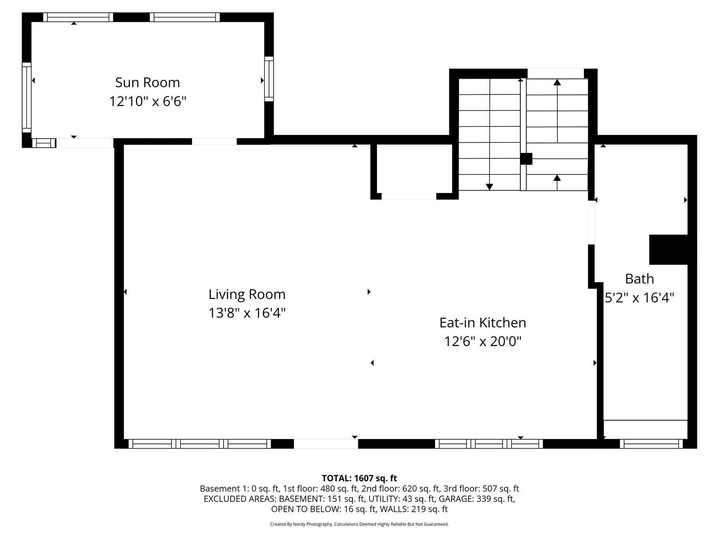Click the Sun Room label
147,83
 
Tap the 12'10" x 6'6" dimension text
147,101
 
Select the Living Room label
247,294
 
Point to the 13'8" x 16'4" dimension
247,313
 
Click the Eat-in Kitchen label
483,323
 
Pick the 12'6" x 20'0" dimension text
483,341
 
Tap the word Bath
639,279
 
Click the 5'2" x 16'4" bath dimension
639,297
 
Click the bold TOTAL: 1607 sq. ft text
359,478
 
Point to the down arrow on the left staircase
490,134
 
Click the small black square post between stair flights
526,159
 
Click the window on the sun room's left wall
26,98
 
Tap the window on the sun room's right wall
269,79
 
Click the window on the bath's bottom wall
651,444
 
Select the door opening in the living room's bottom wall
326,444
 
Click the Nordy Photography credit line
359,524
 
